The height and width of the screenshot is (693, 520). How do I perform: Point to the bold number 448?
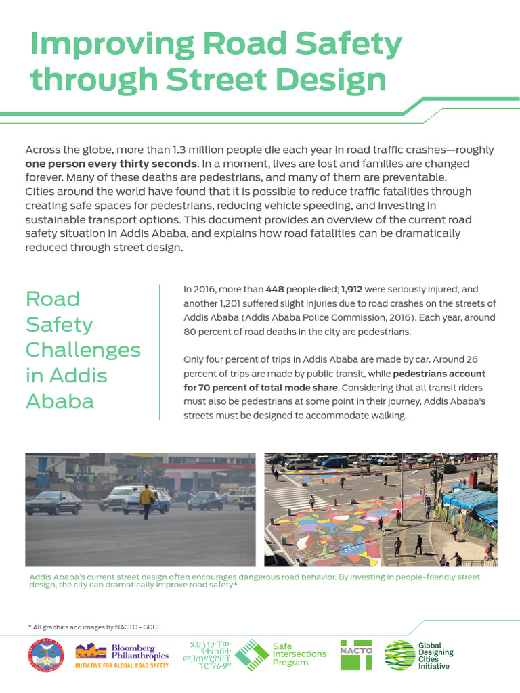275,289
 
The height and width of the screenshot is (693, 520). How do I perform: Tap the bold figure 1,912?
352,289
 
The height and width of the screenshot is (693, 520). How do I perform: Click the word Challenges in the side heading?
83,350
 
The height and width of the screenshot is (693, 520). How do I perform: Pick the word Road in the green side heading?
53,298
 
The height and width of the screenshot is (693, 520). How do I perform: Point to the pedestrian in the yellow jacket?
146,500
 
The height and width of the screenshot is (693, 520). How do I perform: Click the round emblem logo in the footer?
46,656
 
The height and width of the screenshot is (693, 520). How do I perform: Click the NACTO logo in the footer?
356,654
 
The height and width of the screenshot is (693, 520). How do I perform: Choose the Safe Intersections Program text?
299,654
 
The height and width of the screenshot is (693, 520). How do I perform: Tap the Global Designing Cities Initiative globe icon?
399,655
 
